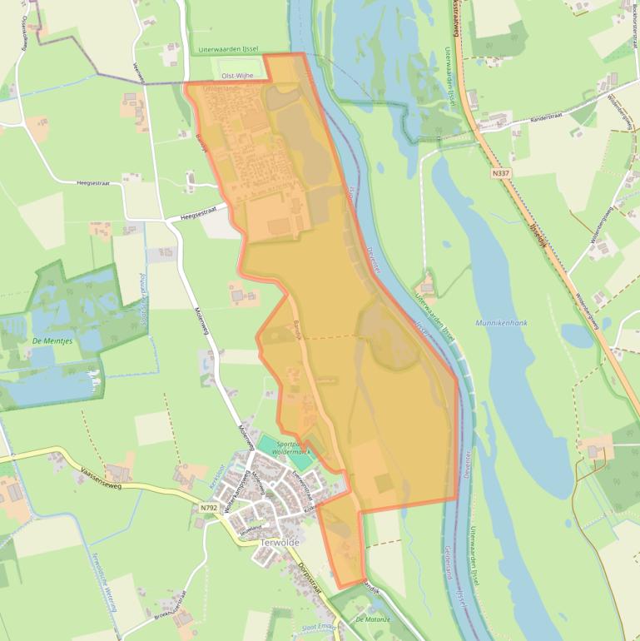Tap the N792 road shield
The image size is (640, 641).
click(209, 506)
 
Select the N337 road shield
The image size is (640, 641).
click(501, 173)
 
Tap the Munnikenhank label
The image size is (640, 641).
click(501, 322)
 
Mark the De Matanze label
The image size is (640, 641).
click(371, 619)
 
